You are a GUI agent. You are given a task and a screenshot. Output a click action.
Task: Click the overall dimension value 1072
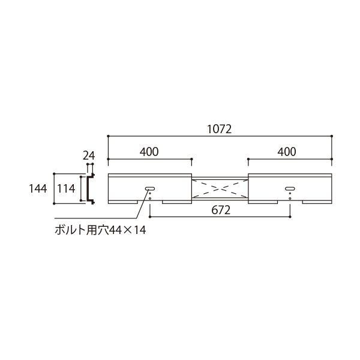click(219, 129)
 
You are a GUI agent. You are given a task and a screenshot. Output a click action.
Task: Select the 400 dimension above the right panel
click(287, 152)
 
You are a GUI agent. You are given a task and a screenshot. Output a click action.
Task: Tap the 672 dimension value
click(220, 211)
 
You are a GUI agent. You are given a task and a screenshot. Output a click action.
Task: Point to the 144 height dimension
click(38, 188)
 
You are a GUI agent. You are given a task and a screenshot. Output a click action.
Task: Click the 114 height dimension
click(65, 188)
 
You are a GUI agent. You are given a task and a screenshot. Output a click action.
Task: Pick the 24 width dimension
click(89, 156)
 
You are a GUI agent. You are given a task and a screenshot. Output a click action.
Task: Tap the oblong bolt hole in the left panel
click(149, 188)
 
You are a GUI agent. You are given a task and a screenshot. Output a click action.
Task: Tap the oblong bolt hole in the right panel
click(290, 188)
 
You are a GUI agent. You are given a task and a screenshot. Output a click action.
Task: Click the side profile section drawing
click(90, 188)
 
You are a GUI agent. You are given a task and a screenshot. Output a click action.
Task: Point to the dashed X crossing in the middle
click(219, 187)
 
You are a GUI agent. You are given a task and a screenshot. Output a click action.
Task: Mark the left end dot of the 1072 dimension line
click(108, 137)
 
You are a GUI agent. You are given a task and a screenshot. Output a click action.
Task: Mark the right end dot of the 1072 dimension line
click(332, 137)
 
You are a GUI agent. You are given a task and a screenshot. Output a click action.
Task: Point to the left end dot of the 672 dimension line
click(149, 217)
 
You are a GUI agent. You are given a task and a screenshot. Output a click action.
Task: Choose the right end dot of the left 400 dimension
click(191, 160)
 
